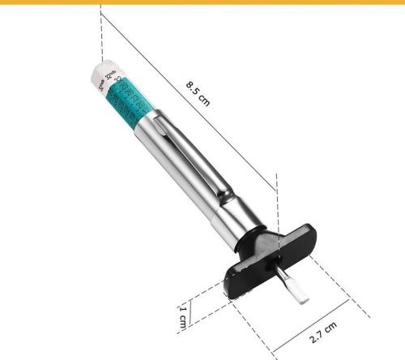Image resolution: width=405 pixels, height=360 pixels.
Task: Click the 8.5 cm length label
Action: point(198,91)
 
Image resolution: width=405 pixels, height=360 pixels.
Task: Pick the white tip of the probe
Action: point(299,293)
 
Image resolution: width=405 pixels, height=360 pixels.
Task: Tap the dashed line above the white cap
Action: point(101,32)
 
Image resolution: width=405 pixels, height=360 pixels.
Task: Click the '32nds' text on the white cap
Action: point(110,75)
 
